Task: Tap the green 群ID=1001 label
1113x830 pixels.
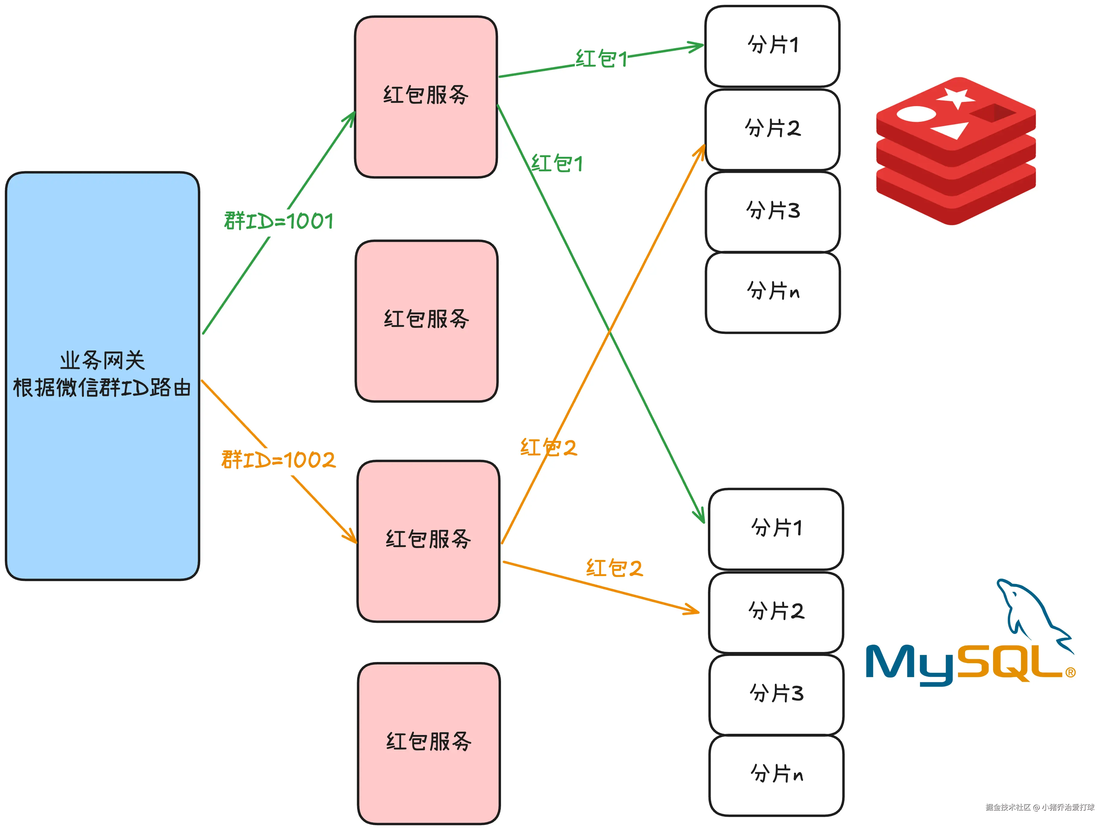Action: pos(279,221)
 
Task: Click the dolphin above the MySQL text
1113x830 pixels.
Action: pos(1030,613)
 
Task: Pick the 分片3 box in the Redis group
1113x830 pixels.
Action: pos(772,211)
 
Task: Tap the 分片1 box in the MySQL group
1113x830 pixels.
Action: pos(775,528)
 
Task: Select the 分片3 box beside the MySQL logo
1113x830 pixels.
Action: pos(776,694)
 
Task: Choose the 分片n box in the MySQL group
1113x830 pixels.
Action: pos(776,775)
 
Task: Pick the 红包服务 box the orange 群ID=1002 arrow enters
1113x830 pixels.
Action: pos(428,540)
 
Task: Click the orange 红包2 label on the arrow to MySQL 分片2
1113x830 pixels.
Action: pos(614,568)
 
